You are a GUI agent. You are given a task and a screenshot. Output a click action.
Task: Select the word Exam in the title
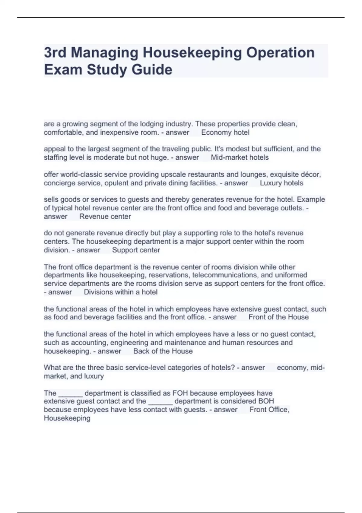pos(63,70)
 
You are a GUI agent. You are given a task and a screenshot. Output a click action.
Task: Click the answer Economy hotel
pos(225,132)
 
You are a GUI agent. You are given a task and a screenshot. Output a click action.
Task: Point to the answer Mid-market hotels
pos(240,158)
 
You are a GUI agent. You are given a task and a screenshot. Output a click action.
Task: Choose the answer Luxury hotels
pos(281,183)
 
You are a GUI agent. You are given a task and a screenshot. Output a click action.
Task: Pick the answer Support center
pos(136,250)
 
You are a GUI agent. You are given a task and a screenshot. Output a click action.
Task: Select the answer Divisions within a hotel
pos(121,292)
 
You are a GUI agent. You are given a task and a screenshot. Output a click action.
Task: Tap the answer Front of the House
pos(278,317)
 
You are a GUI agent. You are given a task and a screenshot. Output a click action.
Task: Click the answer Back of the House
pos(163,351)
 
